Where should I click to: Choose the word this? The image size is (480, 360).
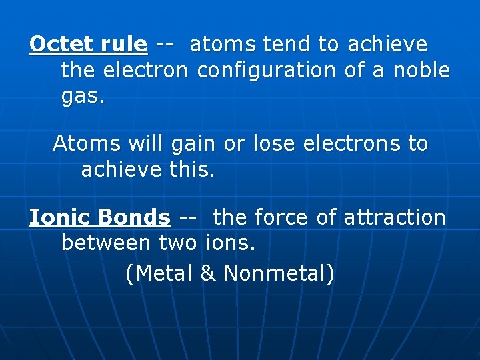click(x=193, y=170)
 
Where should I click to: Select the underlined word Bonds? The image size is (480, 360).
click(x=134, y=218)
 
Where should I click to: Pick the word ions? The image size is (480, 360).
click(x=231, y=243)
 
